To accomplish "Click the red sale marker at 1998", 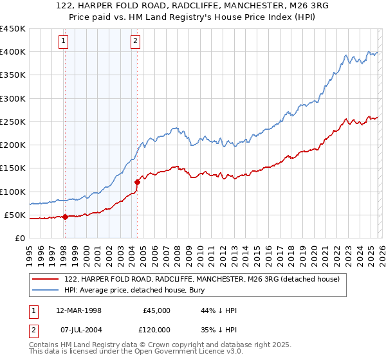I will point(65,217).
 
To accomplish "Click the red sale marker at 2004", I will point(137,183).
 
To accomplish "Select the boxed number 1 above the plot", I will point(64,42).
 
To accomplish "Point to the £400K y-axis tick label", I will point(12,52).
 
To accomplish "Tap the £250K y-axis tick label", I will point(12,122).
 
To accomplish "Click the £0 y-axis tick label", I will point(19,238).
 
